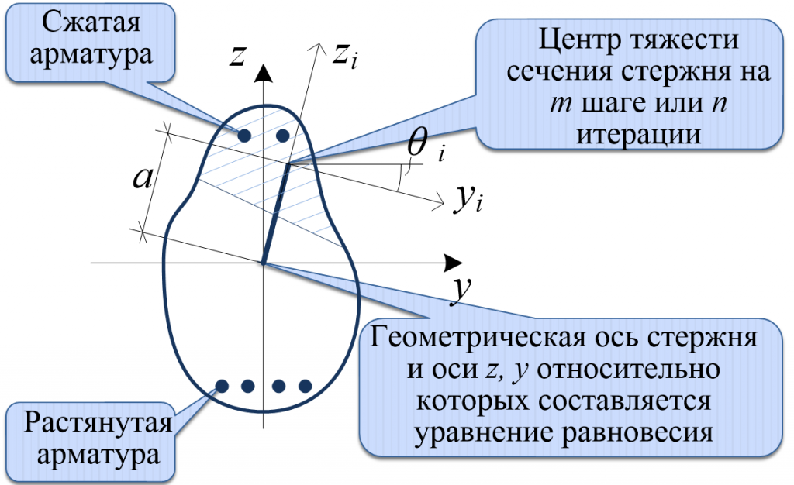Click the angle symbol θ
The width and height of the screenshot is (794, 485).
(x=419, y=144)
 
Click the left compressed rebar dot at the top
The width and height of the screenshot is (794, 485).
(x=244, y=136)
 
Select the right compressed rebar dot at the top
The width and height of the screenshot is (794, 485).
(x=282, y=136)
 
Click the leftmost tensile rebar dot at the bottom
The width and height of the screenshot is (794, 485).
(x=222, y=385)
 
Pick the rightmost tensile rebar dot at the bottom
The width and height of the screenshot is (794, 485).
(x=305, y=385)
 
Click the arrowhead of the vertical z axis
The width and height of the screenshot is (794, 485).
(x=264, y=74)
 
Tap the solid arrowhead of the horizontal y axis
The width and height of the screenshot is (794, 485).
(x=450, y=263)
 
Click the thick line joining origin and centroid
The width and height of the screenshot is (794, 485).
(x=276, y=213)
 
